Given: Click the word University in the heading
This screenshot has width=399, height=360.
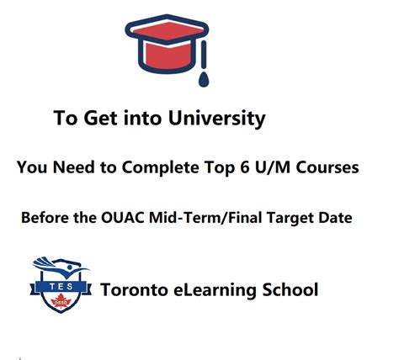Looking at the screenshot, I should (218, 118).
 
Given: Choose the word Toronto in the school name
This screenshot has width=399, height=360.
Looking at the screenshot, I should (135, 291).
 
